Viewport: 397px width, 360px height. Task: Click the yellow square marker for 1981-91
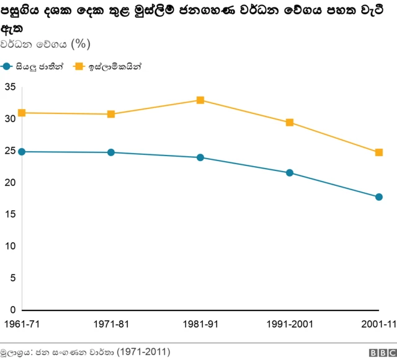200,100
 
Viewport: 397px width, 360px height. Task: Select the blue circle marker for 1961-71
22,152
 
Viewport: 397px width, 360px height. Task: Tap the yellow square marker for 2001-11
379,152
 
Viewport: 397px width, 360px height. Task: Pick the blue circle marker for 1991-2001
290,173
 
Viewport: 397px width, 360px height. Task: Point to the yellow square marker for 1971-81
111,114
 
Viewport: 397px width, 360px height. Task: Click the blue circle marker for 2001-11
379,197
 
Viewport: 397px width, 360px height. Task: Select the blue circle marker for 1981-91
200,157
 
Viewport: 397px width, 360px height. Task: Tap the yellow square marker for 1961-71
22,113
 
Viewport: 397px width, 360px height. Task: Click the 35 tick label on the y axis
9,87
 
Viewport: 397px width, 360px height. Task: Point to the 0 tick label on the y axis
12,310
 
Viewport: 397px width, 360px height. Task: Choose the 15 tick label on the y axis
9,214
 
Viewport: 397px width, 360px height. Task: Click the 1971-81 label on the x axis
111,324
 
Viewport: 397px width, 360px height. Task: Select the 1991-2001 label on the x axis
290,324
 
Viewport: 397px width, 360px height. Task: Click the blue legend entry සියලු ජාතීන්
34,66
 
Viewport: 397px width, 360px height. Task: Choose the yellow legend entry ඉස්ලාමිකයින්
108,66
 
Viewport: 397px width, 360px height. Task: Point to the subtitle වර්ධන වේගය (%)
47,43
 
